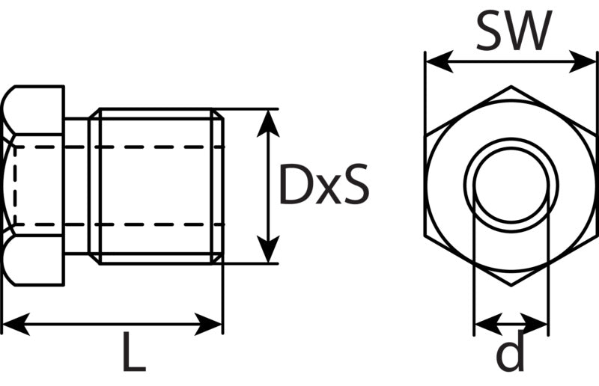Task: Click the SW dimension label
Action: pyautogui.click(x=514, y=31)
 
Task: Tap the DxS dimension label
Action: pyautogui.click(x=324, y=184)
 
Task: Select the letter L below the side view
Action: pyautogui.click(x=134, y=352)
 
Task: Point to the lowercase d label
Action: pyautogui.click(x=510, y=352)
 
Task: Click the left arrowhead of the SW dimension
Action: pyautogui.click(x=440, y=61)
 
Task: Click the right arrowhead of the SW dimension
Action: pyautogui.click(x=583, y=61)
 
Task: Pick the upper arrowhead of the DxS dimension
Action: pyautogui.click(x=268, y=123)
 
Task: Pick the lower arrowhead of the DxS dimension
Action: pyautogui.click(x=268, y=249)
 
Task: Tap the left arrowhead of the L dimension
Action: pyautogui.click(x=16, y=325)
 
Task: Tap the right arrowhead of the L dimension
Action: pyautogui.click(x=208, y=325)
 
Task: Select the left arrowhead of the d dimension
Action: pyautogui.click(x=488, y=325)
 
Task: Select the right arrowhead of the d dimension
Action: pyautogui.click(x=535, y=325)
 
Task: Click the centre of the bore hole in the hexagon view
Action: pyautogui.click(x=511, y=186)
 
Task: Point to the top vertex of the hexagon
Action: pyautogui.click(x=511, y=86)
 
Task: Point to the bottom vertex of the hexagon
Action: pyautogui.click(x=511, y=285)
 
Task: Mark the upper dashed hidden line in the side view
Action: pyautogui.click(x=119, y=147)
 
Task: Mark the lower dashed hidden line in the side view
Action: pyautogui.click(x=119, y=224)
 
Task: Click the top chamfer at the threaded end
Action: pyautogui.click(x=217, y=114)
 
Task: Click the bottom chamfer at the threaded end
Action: pyautogui.click(x=217, y=259)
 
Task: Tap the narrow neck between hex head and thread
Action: pyautogui.click(x=76, y=186)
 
